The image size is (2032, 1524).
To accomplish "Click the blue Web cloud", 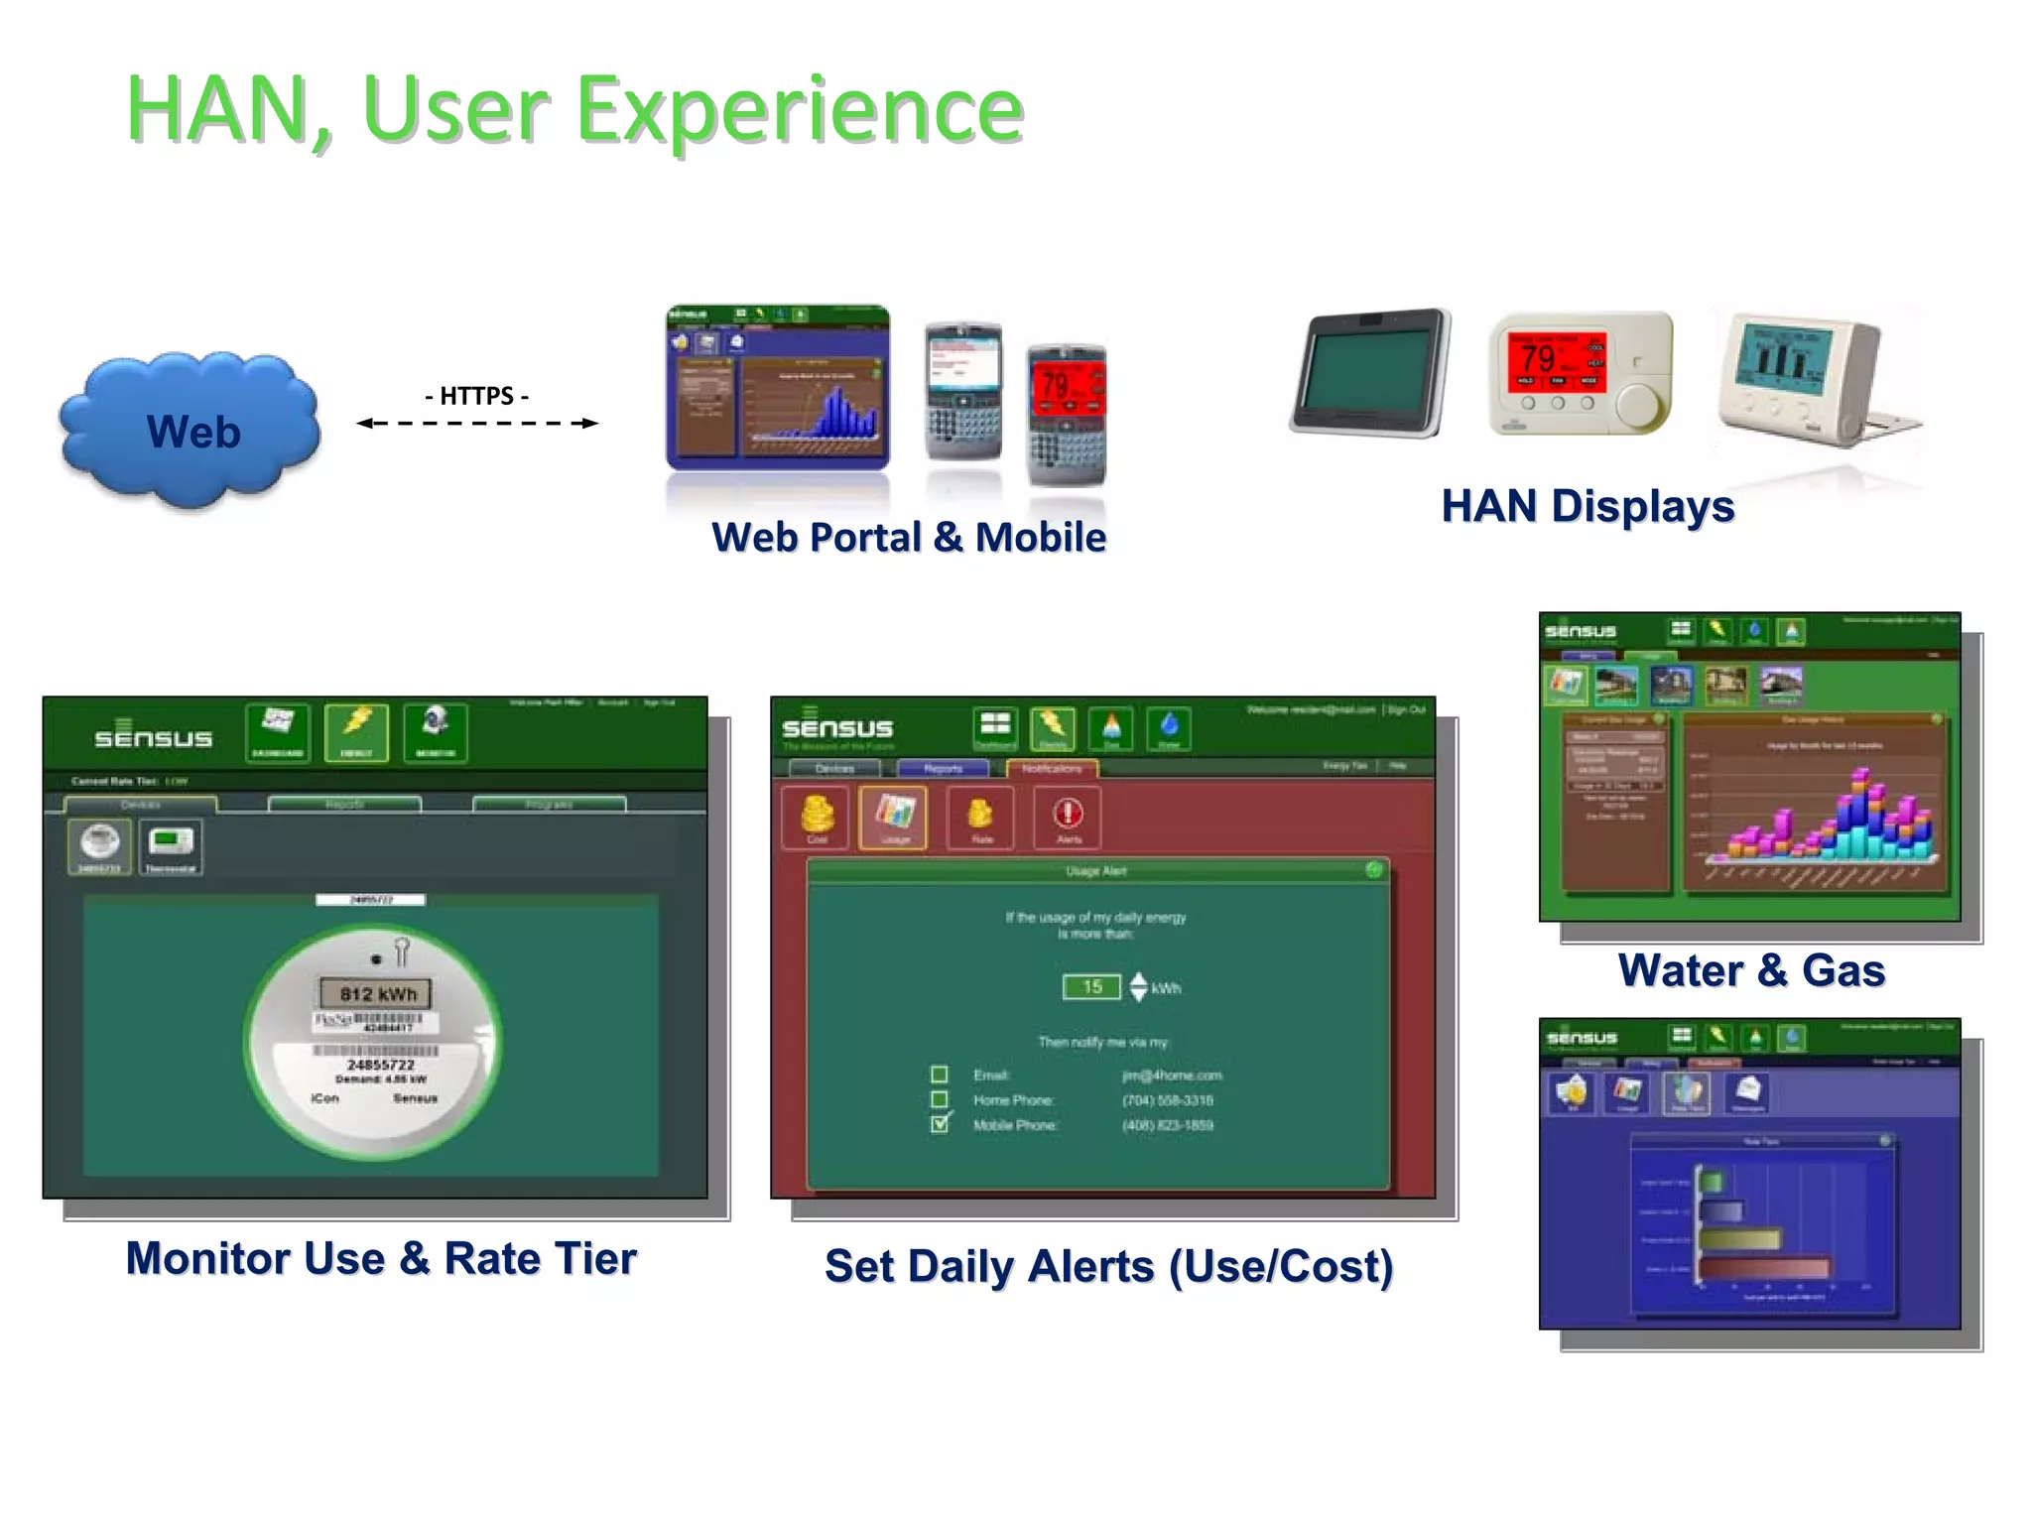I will [190, 431].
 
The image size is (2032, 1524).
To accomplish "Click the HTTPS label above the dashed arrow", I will [476, 396].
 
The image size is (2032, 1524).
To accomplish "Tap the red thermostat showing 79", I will [1581, 373].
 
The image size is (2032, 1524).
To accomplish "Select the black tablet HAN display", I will [1370, 373].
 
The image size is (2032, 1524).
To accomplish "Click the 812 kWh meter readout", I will [378, 994].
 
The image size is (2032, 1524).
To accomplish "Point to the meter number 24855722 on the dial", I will [380, 1065].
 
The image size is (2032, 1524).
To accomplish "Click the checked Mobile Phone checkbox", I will [939, 1124].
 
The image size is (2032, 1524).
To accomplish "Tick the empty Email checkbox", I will [939, 1075].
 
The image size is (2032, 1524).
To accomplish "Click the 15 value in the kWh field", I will [1091, 987].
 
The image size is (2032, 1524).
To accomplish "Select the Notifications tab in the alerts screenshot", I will [1052, 769].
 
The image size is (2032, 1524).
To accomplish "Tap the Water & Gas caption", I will [1751, 970].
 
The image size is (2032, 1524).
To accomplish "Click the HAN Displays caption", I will [1587, 506].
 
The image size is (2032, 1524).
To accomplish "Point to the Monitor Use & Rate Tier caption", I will [381, 1258].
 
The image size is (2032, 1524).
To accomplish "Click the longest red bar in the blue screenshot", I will [1764, 1268].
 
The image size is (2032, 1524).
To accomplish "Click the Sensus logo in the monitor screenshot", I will [153, 737].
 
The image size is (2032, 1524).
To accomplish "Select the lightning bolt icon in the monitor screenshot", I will [356, 732].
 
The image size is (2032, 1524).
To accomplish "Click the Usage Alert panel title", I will [1095, 871].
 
